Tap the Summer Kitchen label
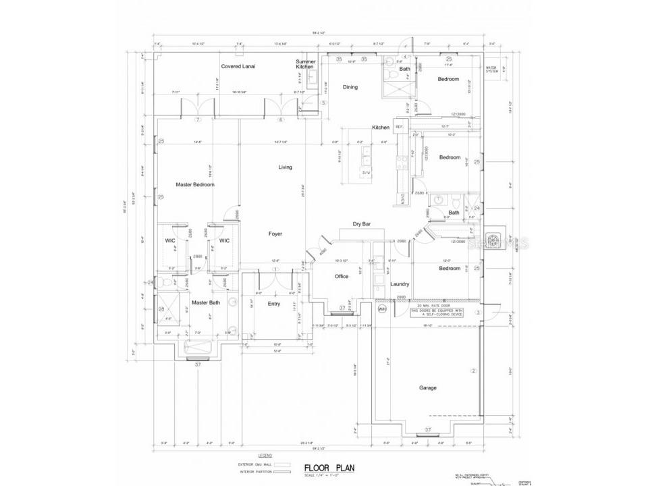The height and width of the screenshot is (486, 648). tap(305, 64)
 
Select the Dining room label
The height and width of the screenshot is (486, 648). tap(350, 87)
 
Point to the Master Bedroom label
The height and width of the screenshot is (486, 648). tap(195, 184)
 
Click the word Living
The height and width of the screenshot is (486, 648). tap(286, 167)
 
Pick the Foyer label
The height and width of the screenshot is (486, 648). tap(275, 234)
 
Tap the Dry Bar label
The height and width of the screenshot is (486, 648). tap(362, 225)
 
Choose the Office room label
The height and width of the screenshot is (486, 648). tap(342, 276)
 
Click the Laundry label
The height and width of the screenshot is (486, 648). tap(400, 284)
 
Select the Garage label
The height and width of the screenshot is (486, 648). tap(428, 387)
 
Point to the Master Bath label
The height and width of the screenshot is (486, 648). tap(205, 302)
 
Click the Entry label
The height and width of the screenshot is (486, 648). tap(273, 304)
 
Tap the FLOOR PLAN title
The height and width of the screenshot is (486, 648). tap(329, 467)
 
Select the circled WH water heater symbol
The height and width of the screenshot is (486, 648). tap(381, 309)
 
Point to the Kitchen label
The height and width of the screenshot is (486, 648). tap(381, 128)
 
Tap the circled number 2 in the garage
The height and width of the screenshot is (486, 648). tap(474, 371)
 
